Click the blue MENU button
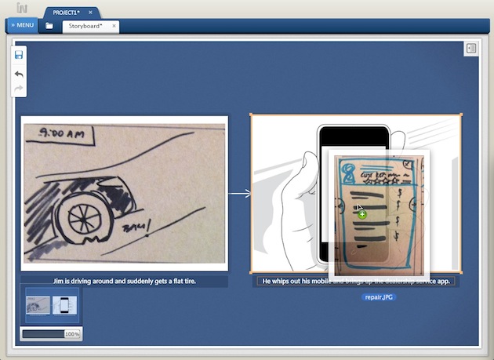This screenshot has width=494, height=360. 22,25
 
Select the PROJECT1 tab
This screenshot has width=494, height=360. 65,13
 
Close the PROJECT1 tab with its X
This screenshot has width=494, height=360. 90,13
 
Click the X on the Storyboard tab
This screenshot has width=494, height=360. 114,26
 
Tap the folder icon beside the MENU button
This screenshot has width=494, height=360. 49,26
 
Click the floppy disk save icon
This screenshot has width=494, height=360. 19,56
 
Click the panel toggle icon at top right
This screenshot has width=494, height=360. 470,49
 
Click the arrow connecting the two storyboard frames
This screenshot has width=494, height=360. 239,192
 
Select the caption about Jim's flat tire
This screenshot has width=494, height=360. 124,281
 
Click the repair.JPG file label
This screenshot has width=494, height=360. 378,297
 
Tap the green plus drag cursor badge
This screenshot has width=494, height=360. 362,214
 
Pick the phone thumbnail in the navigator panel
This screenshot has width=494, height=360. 65,306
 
